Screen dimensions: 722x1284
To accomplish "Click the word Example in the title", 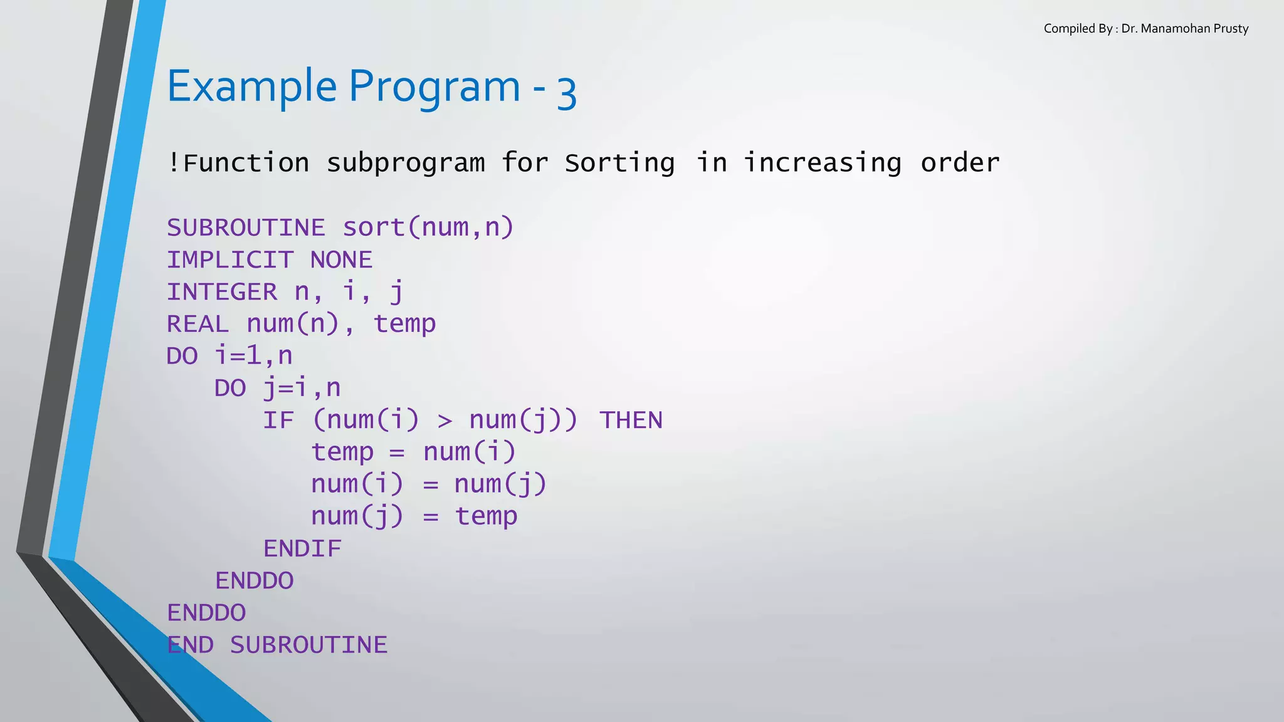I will tap(251, 86).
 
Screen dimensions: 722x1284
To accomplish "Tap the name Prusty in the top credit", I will tap(1230, 29).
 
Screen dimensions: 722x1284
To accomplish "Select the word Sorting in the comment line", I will tap(619, 163).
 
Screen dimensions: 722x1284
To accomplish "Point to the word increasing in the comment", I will tap(822, 163).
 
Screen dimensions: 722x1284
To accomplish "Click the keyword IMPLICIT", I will tap(229, 259).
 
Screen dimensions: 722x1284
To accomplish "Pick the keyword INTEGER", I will tap(221, 291).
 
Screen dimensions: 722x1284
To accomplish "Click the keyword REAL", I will tap(197, 324).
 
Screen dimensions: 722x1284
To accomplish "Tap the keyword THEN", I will tap(631, 420).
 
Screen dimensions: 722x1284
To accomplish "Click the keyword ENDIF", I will tap(302, 548).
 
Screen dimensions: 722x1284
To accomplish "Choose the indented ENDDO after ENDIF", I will tap(254, 580).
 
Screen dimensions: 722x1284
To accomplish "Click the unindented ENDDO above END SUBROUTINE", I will tap(206, 612).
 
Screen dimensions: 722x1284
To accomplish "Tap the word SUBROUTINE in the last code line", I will tap(308, 645).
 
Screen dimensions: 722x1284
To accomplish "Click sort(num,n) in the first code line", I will tap(428, 228).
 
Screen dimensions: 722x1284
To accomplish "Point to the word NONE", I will tap(341, 259).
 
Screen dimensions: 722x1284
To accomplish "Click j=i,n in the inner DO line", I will tap(302, 389).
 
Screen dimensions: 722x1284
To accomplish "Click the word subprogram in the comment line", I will tap(406, 163).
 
